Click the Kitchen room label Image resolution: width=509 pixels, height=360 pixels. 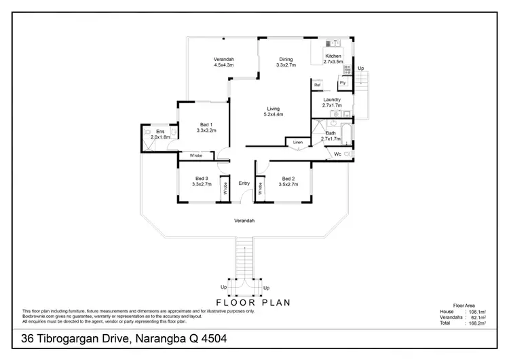(x=333, y=56)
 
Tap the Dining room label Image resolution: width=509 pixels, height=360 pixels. (x=284, y=60)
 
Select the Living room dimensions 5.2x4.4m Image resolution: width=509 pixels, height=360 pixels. (x=273, y=115)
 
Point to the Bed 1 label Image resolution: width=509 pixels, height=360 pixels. (x=206, y=124)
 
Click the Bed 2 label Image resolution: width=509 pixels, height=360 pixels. (x=289, y=178)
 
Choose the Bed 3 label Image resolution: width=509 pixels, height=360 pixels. (x=202, y=178)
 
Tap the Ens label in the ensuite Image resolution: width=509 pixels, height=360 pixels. (x=160, y=131)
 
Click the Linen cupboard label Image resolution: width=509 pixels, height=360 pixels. (x=297, y=143)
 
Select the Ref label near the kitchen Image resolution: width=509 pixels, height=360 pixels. (x=317, y=85)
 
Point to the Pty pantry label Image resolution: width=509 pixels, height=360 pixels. (x=343, y=83)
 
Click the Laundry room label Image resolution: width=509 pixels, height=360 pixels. (x=331, y=100)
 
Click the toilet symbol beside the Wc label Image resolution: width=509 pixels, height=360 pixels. (x=348, y=155)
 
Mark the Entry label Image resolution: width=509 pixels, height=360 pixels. (x=244, y=183)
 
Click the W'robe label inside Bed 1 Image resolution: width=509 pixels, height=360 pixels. (x=196, y=156)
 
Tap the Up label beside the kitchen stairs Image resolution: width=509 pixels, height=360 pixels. (x=360, y=69)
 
